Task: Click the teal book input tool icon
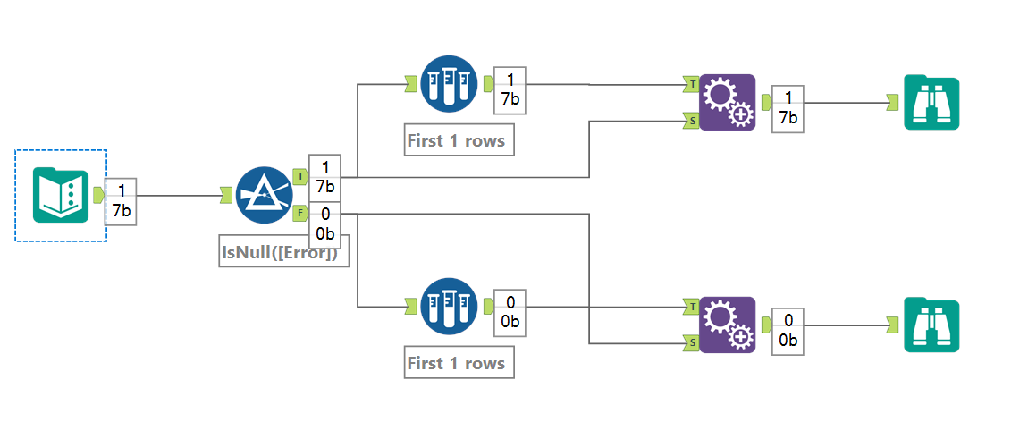61,195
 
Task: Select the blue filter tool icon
265,196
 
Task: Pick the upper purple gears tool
727,102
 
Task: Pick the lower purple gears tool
727,325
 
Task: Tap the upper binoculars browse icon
931,104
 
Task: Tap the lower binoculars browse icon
931,326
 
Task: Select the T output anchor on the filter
300,177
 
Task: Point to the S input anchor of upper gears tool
691,120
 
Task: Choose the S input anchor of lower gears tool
691,342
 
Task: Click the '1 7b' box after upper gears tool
787,108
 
